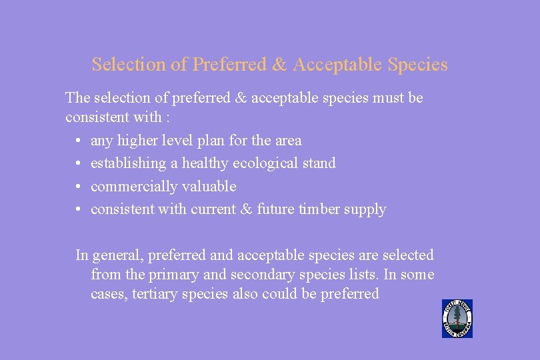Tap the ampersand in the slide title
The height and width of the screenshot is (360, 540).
(279, 65)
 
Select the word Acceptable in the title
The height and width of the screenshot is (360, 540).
(337, 65)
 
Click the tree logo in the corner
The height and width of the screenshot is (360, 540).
(457, 319)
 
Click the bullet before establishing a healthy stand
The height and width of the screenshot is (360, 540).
(78, 163)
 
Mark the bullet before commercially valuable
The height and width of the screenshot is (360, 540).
(78, 187)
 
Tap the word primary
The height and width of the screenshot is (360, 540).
(167, 275)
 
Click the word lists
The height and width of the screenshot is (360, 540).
(356, 275)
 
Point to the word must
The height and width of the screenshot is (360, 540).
(389, 98)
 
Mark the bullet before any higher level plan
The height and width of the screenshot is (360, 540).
(78, 141)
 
